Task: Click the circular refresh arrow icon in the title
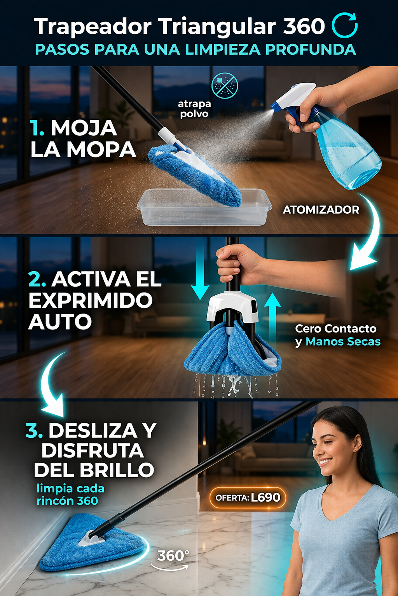click(344, 26)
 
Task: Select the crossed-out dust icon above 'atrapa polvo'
click(225, 85)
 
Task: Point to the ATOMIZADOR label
click(321, 210)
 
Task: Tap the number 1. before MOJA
click(37, 128)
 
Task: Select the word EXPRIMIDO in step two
click(91, 300)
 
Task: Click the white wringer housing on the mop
click(232, 306)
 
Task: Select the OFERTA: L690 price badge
click(248, 497)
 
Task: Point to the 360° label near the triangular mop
click(173, 556)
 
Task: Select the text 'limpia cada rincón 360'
click(70, 495)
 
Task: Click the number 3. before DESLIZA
click(34, 431)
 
